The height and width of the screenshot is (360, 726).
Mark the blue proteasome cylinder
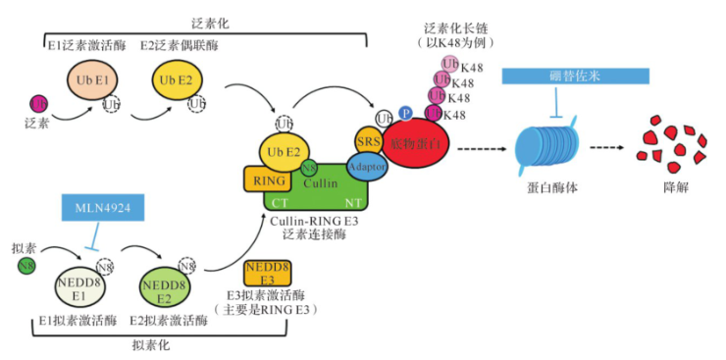[x=544, y=149]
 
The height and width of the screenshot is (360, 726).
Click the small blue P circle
[x=404, y=115]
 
